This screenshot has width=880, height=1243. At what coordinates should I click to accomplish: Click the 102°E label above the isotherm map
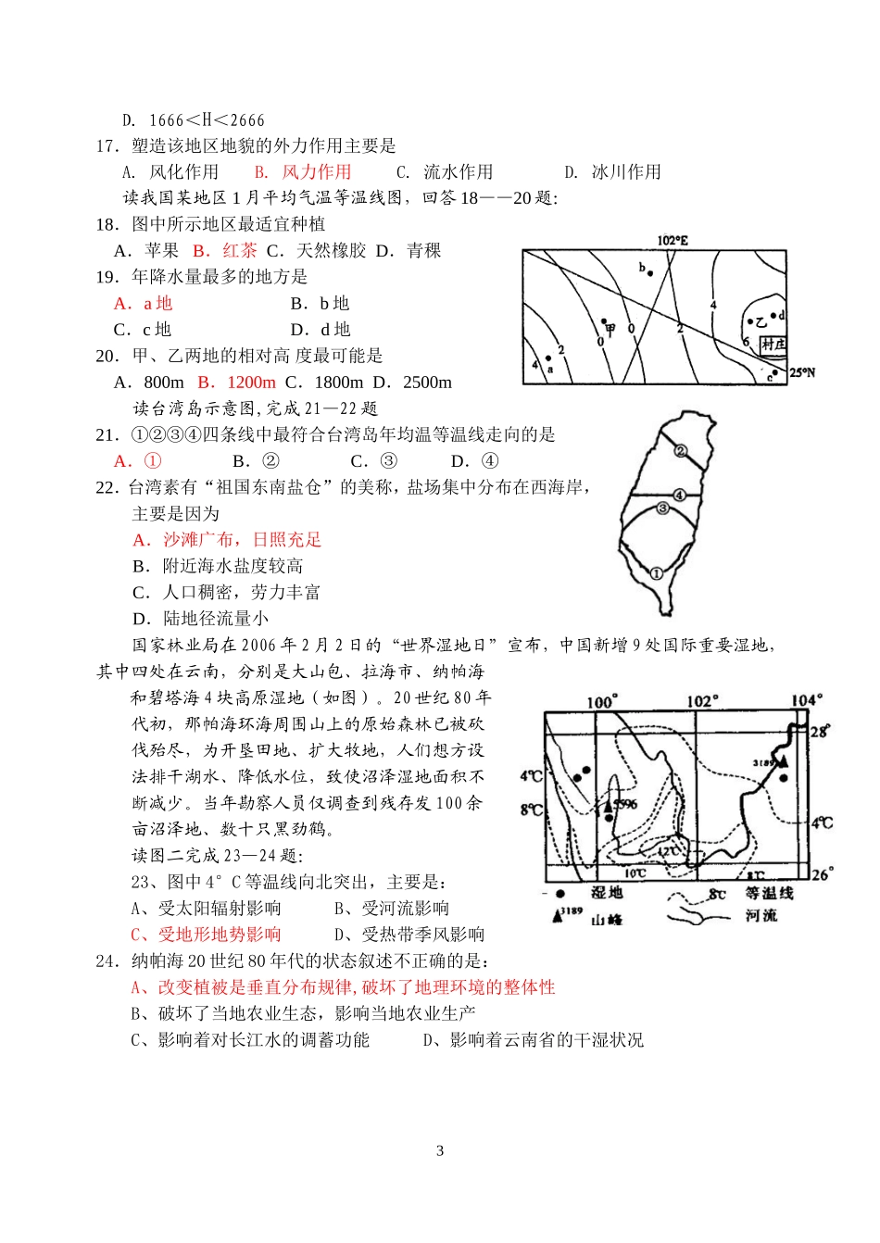pos(673,241)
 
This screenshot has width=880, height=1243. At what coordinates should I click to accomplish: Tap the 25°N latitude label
pos(802,373)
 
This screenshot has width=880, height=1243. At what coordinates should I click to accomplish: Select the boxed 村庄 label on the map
pos(773,345)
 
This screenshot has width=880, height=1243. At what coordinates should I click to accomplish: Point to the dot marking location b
pos(650,273)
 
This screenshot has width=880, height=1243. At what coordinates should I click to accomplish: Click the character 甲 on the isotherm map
pos(610,328)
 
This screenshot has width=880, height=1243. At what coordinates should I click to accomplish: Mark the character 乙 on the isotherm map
pos(761,322)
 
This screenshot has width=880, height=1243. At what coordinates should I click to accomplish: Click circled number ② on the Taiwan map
pos(680,451)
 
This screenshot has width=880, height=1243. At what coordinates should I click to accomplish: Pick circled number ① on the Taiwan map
pos(657,573)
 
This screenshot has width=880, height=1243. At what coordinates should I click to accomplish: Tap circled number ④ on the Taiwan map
pos(679,496)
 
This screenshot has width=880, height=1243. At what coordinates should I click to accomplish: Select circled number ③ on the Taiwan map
pos(662,508)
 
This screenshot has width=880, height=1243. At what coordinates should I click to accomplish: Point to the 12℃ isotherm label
pos(669,850)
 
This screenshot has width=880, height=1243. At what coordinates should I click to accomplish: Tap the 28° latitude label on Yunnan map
pos(820,731)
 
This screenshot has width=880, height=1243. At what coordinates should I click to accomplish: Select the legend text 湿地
pos(607,893)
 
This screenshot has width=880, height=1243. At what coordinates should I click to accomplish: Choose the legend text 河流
pos(761,916)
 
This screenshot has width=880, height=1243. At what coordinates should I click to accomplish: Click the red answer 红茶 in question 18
pos(240,251)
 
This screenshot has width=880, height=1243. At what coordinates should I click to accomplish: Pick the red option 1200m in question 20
pos(251,383)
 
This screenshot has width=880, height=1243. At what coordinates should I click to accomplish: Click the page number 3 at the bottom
pos(440,1151)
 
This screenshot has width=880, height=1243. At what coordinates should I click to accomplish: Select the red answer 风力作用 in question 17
pos(317,172)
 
